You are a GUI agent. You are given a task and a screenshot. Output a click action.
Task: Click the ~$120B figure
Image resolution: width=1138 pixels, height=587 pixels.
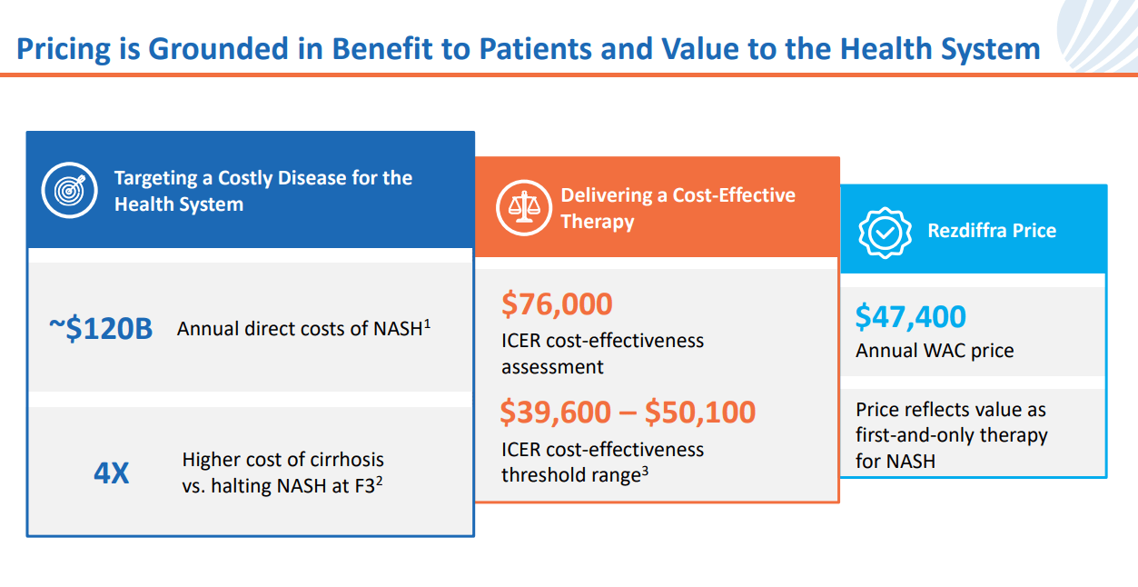point(100,328)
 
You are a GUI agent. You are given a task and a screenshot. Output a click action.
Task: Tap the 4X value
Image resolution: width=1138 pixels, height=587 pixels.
point(112,473)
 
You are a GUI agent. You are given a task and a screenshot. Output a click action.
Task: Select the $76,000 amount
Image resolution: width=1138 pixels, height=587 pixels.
point(557,304)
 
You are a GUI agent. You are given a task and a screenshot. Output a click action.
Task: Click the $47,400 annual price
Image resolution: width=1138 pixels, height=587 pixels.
point(910,317)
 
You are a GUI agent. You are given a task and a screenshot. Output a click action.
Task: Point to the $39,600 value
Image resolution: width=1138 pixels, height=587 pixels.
point(555,413)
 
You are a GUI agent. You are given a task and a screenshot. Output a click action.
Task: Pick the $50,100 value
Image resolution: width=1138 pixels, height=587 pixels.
point(699,413)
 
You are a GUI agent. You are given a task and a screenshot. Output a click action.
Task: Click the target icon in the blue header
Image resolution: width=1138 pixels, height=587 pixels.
point(68,190)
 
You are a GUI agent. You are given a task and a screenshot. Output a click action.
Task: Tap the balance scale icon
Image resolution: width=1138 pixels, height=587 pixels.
point(522,208)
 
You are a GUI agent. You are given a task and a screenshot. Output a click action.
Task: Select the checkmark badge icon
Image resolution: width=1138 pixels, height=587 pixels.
point(885,231)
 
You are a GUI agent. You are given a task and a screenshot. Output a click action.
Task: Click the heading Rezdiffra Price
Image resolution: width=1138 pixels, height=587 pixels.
point(992,231)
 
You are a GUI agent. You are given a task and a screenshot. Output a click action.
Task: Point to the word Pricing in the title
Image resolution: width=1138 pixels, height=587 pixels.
point(63,48)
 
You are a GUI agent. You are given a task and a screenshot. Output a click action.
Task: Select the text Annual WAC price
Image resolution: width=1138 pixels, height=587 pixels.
point(935,351)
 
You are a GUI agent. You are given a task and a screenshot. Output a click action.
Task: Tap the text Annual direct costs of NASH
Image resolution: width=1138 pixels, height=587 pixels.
point(300,329)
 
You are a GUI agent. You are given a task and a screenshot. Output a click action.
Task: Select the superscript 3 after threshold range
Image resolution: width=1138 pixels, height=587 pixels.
point(644,470)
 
